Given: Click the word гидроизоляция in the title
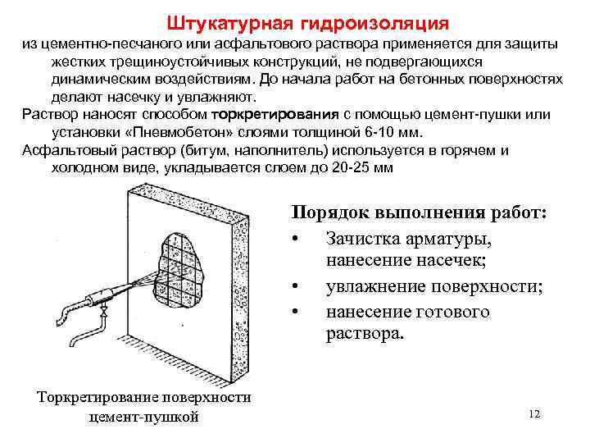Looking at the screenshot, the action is pyautogui.click(x=368, y=20).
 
